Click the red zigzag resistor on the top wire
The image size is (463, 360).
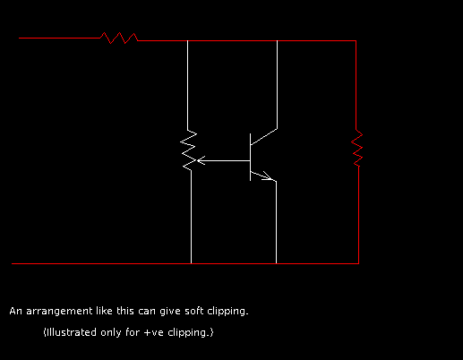[x=119, y=38]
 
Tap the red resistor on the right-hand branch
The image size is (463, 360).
[x=357, y=148]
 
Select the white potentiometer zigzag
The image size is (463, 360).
[x=188, y=150]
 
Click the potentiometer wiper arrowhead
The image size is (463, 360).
[x=201, y=160]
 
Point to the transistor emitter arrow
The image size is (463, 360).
[x=268, y=176]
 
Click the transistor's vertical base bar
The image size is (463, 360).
[x=250, y=157]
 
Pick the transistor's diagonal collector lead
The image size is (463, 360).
[x=263, y=137]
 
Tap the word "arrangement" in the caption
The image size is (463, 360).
[x=59, y=312]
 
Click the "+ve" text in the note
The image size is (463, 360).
[x=153, y=332]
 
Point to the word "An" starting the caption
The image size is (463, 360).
[x=16, y=311]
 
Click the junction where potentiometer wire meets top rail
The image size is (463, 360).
[x=187, y=40]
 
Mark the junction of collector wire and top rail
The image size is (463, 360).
[x=277, y=40]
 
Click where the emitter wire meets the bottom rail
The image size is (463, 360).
[x=276, y=263]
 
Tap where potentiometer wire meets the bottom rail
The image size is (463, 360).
[x=191, y=263]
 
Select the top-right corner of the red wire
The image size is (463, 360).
[x=356, y=40]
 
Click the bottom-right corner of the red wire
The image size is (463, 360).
[x=358, y=263]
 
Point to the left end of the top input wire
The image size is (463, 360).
[x=19, y=38]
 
